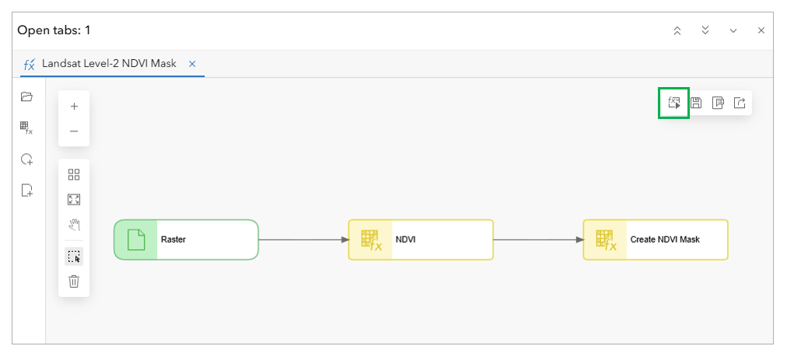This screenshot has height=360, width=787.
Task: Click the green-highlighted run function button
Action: click(x=673, y=103)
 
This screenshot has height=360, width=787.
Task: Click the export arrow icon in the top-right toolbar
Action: click(x=740, y=103)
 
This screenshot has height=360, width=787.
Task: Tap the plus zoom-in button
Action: click(x=74, y=107)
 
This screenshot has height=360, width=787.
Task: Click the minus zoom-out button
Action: click(x=74, y=131)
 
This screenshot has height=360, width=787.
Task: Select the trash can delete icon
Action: click(x=74, y=281)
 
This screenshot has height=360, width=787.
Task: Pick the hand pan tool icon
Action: click(x=75, y=225)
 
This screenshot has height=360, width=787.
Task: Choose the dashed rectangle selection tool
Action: click(x=75, y=257)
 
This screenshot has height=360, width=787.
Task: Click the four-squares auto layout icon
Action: click(x=74, y=175)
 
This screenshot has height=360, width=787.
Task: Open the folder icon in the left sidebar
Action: click(x=26, y=96)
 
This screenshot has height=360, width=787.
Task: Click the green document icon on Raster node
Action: click(x=135, y=239)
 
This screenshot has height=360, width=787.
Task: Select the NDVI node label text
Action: click(x=405, y=239)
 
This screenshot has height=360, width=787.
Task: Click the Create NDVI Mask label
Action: click(x=665, y=239)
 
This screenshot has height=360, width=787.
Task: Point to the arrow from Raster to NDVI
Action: click(x=303, y=239)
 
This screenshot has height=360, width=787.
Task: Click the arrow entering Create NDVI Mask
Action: click(x=539, y=239)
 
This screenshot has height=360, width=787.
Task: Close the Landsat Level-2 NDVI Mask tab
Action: click(x=192, y=64)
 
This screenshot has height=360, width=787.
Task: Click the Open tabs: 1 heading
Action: click(x=54, y=30)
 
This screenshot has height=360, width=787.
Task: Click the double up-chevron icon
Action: click(x=677, y=30)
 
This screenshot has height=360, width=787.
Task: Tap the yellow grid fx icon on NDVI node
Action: click(x=370, y=239)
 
